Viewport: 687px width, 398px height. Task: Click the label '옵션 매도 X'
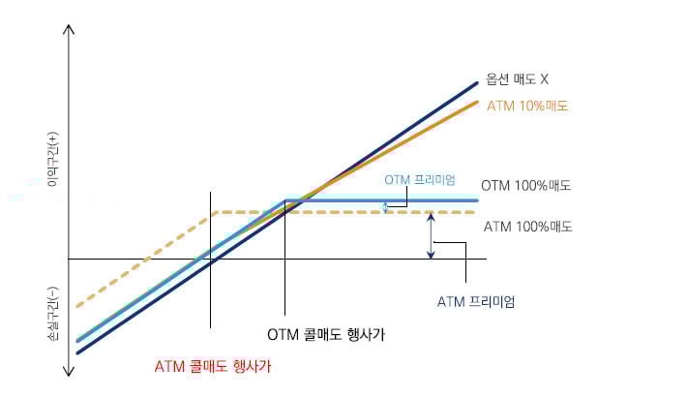[x=517, y=79]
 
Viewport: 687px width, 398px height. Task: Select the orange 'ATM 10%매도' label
[x=527, y=107]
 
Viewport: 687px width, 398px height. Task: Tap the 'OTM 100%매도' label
[x=525, y=185]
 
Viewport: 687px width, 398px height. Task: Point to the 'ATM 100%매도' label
[x=528, y=227]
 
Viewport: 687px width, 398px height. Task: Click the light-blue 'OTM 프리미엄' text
[x=420, y=180]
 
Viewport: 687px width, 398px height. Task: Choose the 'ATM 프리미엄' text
[x=476, y=301]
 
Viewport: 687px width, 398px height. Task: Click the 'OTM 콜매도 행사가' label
[x=326, y=334]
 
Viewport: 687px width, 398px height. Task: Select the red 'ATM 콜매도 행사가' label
[x=213, y=366]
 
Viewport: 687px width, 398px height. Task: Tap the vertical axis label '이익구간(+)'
[x=53, y=159]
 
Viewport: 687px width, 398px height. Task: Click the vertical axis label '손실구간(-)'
[x=53, y=314]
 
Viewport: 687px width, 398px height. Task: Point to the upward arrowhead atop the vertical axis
[x=69, y=29]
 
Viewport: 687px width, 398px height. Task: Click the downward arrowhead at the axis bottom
[x=69, y=373]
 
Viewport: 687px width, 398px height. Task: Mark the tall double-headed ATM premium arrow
[x=432, y=235]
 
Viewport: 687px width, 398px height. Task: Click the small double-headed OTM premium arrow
[x=385, y=207]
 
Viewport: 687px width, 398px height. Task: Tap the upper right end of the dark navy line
[x=477, y=82]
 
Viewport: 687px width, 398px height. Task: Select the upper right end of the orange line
[x=477, y=102]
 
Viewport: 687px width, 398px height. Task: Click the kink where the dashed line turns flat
[x=218, y=213]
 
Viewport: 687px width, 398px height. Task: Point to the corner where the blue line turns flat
[x=285, y=200]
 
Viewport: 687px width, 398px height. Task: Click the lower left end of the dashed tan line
[x=77, y=306]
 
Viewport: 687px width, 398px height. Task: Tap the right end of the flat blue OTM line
[x=477, y=200]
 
